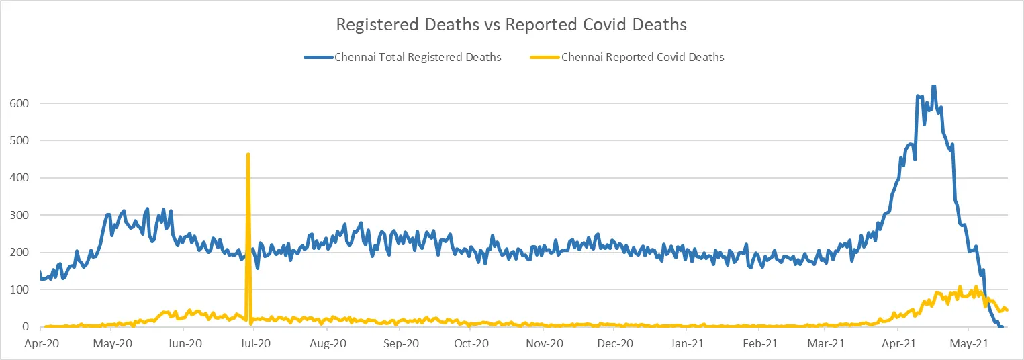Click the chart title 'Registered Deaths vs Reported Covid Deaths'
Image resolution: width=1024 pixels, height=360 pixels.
coord(511,25)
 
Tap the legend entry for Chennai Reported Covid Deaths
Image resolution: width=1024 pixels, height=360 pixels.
coord(643,58)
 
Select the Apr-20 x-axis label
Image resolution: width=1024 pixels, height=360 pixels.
coord(40,343)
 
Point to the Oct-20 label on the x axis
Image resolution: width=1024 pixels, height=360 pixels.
coord(471,343)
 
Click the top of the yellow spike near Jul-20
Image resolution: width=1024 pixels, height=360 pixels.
coord(248,154)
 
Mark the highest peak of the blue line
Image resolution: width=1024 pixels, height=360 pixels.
coord(933,86)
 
